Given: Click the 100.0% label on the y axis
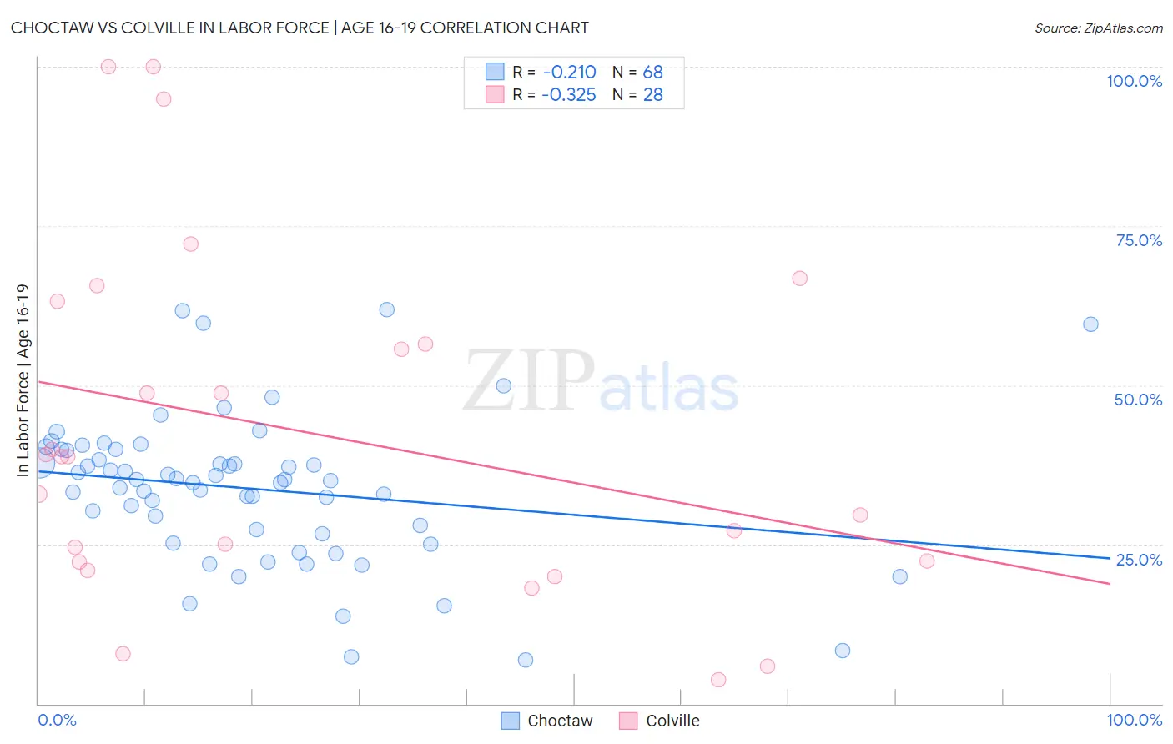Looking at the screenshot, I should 1134,81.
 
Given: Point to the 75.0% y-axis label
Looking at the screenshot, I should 1139,240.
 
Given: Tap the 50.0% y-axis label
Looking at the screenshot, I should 1138,400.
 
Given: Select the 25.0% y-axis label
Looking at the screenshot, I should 1139,560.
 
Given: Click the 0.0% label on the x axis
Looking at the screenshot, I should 57,720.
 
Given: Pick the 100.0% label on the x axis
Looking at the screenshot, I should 1134,720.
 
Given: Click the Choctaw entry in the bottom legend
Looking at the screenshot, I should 560,721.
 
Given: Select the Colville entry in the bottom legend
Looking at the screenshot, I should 672,721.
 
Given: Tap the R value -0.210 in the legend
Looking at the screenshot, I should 569,73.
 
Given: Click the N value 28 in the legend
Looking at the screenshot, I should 652,95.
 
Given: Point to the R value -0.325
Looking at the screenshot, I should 569,95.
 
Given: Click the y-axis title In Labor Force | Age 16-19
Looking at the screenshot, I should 23,380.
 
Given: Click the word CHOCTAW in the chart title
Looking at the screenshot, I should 58,28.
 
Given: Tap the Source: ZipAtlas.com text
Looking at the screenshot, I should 1098,28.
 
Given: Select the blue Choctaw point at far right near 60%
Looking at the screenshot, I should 1090,324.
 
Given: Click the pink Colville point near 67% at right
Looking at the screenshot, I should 799,279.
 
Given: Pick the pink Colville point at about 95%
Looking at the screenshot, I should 164,99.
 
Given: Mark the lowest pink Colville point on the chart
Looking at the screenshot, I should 718,680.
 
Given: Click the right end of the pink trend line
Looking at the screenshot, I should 1110,584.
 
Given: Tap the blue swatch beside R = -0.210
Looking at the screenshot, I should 495,73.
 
